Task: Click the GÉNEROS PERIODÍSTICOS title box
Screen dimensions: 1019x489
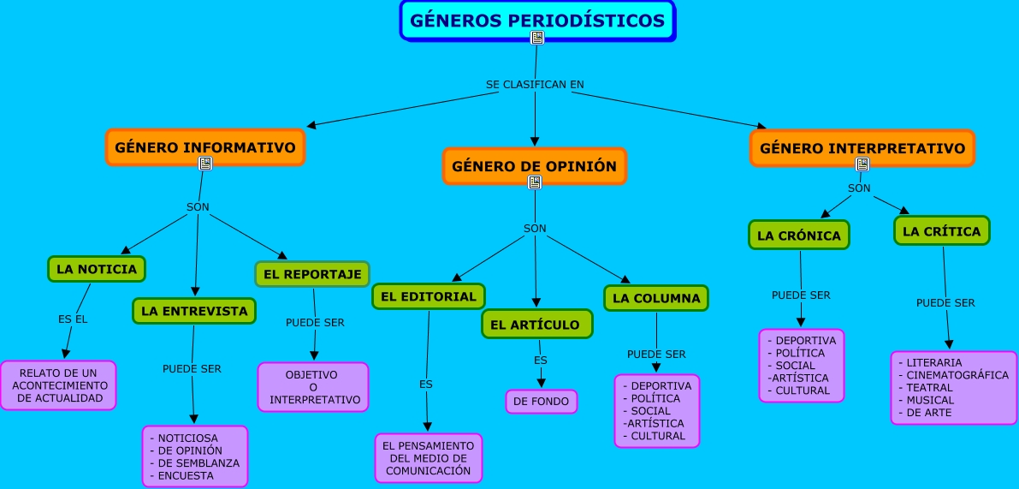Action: tap(537, 21)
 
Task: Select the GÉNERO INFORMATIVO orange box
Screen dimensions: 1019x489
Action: tap(204, 146)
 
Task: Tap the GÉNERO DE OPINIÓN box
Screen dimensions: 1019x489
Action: tap(534, 165)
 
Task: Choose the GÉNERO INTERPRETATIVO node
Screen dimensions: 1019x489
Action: tap(862, 147)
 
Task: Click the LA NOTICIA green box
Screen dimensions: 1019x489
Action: tap(97, 269)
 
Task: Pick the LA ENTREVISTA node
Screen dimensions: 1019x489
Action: tap(194, 311)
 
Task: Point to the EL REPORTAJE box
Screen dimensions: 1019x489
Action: tap(312, 274)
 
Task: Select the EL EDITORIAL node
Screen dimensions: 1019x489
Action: tap(428, 296)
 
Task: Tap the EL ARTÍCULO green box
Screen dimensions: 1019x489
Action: tap(536, 325)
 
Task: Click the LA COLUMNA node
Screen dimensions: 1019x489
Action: tap(656, 298)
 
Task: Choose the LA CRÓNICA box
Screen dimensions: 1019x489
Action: tap(799, 236)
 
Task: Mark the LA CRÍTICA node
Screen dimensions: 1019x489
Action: tap(941, 231)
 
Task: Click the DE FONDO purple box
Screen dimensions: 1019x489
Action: tap(542, 402)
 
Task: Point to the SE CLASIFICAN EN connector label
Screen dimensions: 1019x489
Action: tap(535, 85)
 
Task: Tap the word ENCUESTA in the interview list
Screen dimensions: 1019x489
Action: tap(186, 475)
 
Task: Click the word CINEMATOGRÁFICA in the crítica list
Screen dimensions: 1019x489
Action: tap(957, 375)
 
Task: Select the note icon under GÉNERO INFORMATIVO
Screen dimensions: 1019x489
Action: tap(204, 164)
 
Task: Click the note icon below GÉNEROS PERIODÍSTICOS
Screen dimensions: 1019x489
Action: tap(537, 37)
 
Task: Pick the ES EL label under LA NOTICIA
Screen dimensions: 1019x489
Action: tap(73, 319)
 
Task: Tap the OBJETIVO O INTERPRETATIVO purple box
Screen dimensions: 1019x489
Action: tap(313, 387)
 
